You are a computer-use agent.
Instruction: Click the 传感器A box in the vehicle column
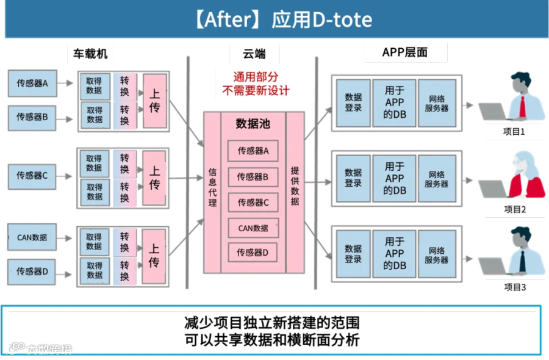click(x=32, y=84)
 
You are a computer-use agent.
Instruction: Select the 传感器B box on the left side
click(x=32, y=116)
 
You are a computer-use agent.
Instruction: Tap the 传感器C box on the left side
click(x=32, y=176)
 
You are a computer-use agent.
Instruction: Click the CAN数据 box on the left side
click(x=32, y=237)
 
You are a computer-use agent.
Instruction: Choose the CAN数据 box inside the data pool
click(x=253, y=228)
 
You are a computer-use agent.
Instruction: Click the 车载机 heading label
click(x=90, y=54)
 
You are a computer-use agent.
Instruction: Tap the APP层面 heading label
click(x=404, y=52)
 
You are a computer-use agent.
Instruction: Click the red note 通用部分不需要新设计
click(x=256, y=85)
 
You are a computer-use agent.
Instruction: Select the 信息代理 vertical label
click(x=212, y=187)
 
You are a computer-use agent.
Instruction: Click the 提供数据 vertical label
click(x=295, y=185)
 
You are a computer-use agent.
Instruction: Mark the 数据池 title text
click(x=253, y=124)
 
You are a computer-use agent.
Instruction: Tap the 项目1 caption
click(x=514, y=131)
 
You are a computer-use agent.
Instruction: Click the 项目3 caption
click(x=514, y=287)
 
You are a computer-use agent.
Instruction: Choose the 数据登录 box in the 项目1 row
click(x=353, y=103)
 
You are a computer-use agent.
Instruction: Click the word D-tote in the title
click(x=342, y=20)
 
